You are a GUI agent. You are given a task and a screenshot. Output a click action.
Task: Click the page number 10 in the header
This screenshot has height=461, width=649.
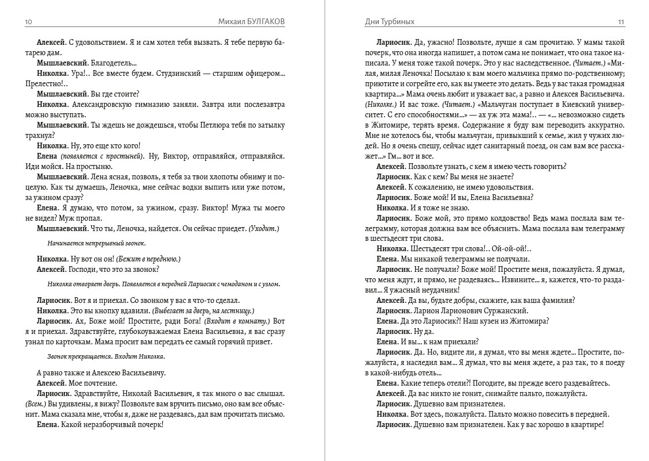pyautogui.click(x=28, y=22)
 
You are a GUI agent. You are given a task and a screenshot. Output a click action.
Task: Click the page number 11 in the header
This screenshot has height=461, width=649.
pyautogui.click(x=621, y=22)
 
